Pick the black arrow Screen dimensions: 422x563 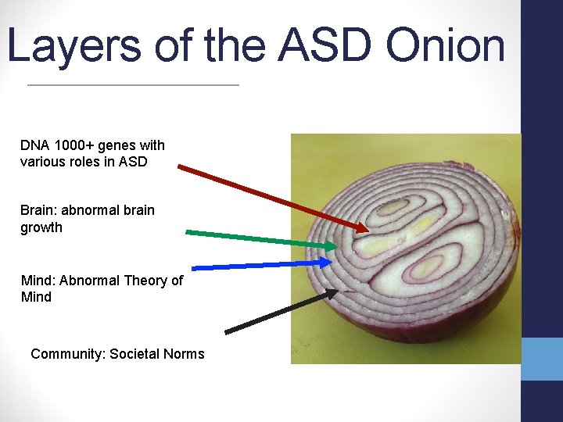[281, 312]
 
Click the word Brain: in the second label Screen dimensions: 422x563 [40, 210]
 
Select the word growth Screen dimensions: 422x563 [41, 227]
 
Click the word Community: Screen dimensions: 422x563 [67, 354]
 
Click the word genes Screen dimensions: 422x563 [117, 145]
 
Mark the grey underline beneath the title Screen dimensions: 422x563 [133, 84]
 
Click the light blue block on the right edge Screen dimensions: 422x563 [542, 359]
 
